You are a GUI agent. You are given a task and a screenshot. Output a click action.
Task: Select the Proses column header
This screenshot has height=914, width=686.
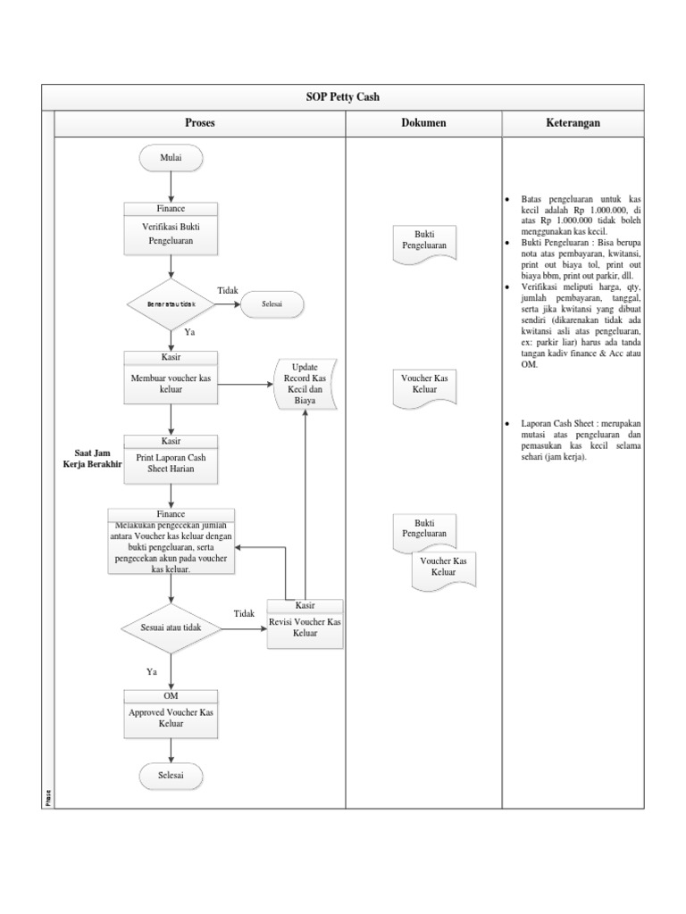199,123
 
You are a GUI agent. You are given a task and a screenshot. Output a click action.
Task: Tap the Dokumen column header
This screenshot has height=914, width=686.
423,123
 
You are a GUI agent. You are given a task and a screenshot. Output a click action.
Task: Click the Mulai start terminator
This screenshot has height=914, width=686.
171,159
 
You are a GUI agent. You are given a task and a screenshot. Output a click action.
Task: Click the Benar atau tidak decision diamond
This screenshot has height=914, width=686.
171,304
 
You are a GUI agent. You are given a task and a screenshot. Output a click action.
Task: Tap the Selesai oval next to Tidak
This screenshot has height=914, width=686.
272,304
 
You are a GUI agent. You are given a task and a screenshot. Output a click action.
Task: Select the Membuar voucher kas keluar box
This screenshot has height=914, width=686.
171,379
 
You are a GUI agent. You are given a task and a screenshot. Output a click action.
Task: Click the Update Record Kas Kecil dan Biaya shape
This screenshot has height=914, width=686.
305,385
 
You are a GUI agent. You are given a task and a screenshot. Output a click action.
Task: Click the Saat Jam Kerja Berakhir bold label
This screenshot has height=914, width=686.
91,458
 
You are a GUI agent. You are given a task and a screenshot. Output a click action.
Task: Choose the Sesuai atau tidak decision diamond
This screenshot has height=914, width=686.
171,628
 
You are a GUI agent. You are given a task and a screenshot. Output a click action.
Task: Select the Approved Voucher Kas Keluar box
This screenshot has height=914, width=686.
171,717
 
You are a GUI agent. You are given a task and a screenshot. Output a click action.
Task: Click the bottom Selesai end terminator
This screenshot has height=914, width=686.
171,777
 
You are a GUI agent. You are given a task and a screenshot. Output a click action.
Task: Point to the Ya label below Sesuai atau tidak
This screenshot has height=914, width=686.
152,670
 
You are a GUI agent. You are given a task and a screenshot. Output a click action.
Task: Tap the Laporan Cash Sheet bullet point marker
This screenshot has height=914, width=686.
508,423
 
